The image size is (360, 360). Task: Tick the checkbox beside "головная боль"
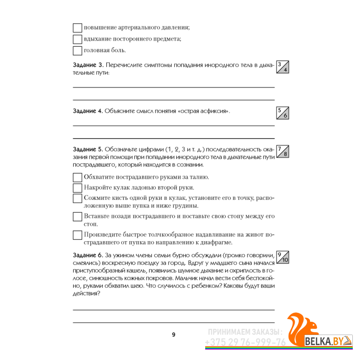coord(77,50)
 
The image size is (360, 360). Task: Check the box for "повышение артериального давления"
coord(77,27)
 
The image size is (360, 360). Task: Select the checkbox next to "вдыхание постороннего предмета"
coord(77,39)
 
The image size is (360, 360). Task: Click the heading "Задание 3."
coord(88,65)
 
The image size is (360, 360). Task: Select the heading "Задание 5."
coord(88,149)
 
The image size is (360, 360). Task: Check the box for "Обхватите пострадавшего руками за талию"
coord(77,177)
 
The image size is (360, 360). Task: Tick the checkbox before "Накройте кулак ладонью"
coord(77,188)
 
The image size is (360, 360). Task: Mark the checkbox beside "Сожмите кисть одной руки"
coord(77,198)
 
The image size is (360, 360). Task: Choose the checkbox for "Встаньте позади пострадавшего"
coord(77,217)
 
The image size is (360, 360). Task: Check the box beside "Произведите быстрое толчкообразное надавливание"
coord(77,235)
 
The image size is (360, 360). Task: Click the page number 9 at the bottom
coord(174,334)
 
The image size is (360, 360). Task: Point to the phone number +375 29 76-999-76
coord(245,342)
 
